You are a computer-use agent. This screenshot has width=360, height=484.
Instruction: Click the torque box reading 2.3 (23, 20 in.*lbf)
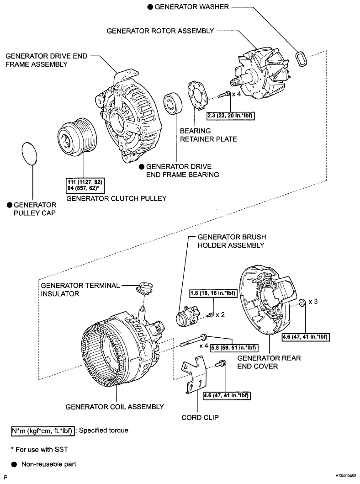pyautogui.click(x=231, y=116)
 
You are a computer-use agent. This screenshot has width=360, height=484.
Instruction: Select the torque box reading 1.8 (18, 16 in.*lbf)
pyautogui.click(x=213, y=293)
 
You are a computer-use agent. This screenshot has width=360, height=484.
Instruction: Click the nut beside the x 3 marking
pyautogui.click(x=302, y=303)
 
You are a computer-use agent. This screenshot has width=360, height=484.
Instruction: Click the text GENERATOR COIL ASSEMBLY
pyautogui.click(x=115, y=406)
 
